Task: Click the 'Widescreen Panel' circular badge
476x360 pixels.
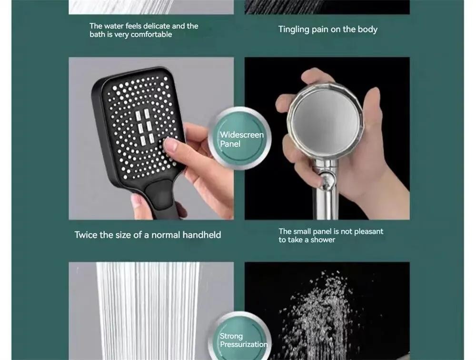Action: tap(239, 139)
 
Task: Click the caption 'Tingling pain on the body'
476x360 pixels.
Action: tap(327, 30)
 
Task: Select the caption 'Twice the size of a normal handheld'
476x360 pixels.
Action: tap(148, 235)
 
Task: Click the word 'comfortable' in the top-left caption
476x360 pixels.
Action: tap(151, 35)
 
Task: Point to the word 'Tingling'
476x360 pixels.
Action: tap(294, 30)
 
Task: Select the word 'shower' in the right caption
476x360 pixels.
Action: tap(323, 240)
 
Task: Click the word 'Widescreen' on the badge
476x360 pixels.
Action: tap(241, 135)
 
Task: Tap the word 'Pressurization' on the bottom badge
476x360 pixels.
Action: tap(244, 344)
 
